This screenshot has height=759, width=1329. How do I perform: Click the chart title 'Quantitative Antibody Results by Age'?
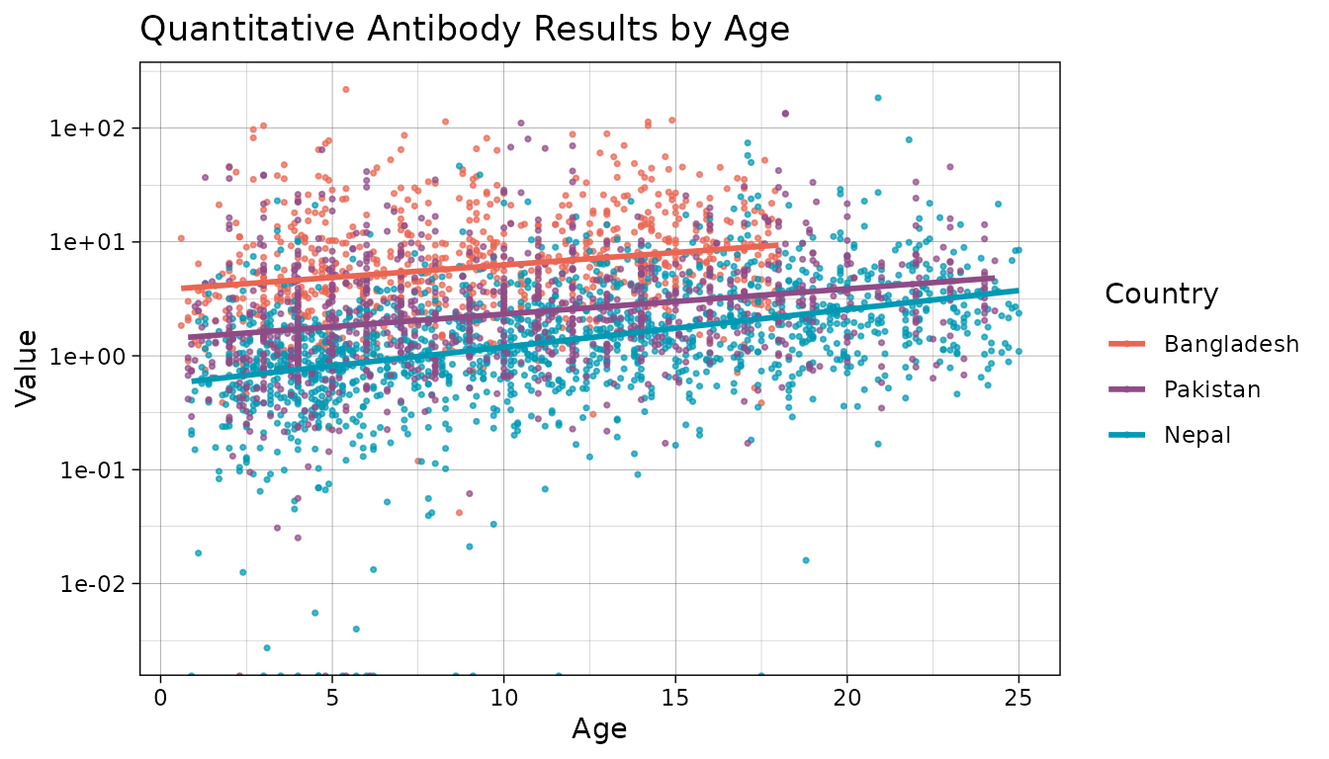465,29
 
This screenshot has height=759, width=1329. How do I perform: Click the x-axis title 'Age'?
599,729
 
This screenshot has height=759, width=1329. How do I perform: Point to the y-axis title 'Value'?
27,368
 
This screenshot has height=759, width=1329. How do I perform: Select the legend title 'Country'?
1161,294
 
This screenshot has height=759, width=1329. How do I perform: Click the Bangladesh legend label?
1231,344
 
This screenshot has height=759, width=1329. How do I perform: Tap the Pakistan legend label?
1212,389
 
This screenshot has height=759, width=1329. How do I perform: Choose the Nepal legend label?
1196,435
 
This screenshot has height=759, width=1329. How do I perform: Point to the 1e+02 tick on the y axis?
98,128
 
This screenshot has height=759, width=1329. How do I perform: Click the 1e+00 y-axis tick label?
98,356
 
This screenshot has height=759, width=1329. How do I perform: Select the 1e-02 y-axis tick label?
98,583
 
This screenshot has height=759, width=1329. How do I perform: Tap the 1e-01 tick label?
98,469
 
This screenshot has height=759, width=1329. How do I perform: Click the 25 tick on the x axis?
1019,699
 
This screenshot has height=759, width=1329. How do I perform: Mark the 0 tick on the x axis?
160,699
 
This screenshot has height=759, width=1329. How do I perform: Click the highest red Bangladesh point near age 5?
345,89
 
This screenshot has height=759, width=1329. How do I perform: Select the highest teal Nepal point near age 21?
877,98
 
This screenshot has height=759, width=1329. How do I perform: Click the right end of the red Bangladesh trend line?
776,245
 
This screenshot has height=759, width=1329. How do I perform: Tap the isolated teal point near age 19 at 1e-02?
805,560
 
